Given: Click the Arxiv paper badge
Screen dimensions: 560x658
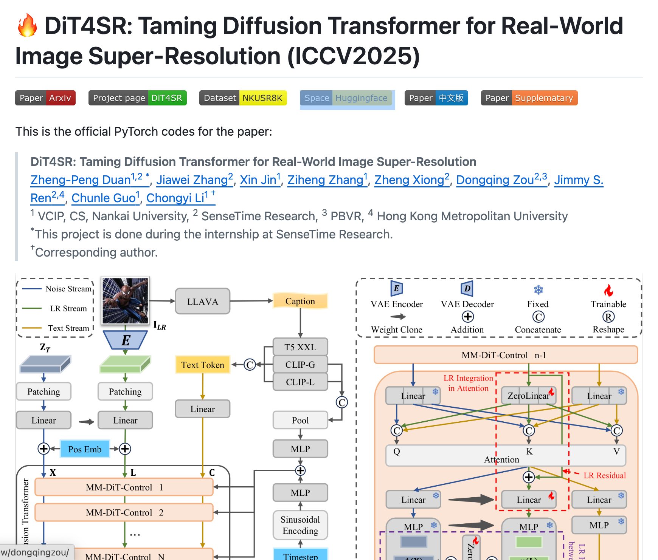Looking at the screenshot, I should point(45,98).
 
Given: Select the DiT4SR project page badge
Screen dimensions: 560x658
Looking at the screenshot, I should point(137,98).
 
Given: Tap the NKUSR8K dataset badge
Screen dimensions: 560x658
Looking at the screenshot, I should point(243,98).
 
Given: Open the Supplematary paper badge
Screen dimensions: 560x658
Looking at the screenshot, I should point(529,98).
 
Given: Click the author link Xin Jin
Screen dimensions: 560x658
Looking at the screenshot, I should point(260,180).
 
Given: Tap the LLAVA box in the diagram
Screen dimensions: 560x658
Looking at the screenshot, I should point(202,302).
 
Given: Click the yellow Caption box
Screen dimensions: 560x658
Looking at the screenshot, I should point(300,301).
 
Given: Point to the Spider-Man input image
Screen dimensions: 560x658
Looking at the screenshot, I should point(125,300).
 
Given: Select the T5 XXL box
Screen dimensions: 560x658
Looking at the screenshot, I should point(300,347).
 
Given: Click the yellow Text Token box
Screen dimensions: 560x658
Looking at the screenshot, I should point(202,365).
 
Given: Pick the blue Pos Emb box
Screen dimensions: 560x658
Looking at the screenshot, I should point(85,449).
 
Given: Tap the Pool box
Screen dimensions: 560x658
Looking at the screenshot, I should point(300,420).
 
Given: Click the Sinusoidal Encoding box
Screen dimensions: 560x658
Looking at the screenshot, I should point(300,525).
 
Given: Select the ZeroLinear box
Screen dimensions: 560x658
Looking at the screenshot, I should point(528,396).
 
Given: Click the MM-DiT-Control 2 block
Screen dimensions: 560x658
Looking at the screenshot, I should point(124,513).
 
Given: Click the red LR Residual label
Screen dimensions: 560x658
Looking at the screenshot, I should point(604,475).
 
